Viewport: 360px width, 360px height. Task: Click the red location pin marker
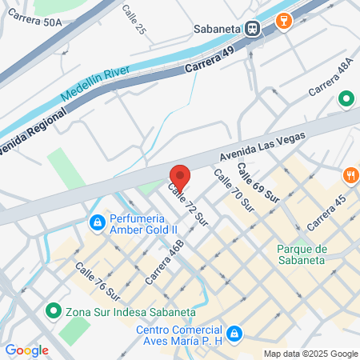pos(179,177)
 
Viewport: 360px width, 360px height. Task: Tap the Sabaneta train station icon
pos(253,28)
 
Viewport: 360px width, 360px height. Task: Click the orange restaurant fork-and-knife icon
pos(350,174)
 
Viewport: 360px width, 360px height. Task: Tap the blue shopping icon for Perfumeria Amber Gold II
pos(97,221)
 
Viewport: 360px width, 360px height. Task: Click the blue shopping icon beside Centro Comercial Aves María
pos(234,332)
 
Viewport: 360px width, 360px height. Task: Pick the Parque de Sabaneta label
pos(301,253)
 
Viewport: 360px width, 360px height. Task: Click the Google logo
pos(26,350)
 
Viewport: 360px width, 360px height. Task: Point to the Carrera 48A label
pos(330,78)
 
